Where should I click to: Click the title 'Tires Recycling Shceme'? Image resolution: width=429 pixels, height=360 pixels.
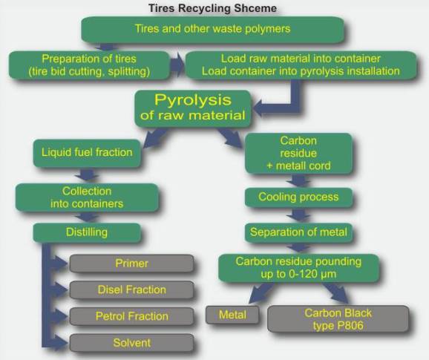point(212,8)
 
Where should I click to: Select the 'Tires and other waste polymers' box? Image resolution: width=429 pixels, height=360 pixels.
point(212,29)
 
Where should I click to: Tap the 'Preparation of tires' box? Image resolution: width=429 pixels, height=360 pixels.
point(89,65)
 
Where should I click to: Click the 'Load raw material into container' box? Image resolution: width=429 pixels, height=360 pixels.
point(301,65)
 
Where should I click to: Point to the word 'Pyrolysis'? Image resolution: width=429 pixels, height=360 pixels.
point(193,100)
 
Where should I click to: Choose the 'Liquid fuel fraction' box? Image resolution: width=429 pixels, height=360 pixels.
point(87,153)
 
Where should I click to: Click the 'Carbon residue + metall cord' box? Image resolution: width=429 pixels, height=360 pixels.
point(298,153)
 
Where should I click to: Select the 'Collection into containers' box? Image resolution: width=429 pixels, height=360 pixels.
point(87,197)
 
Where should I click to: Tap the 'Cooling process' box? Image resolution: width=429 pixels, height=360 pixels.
point(298,197)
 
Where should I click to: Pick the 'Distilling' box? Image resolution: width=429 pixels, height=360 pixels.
point(87,232)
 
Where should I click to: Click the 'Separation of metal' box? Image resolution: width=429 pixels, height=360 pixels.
point(298,232)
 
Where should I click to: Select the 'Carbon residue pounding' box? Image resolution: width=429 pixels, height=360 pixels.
point(298,268)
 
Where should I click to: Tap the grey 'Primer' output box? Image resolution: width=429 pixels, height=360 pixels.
point(131,264)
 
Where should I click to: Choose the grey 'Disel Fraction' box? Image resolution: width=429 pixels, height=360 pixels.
point(131,289)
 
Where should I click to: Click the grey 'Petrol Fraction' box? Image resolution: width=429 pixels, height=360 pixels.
point(131,316)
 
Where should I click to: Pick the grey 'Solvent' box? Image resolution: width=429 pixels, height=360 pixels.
point(131,343)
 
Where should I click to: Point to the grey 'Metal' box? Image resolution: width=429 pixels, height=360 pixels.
point(232,315)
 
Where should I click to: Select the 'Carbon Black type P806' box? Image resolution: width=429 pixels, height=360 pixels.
point(338,319)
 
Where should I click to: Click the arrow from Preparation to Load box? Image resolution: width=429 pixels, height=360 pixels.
point(177,65)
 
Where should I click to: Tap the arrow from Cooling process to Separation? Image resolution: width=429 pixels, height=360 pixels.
point(299,215)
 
